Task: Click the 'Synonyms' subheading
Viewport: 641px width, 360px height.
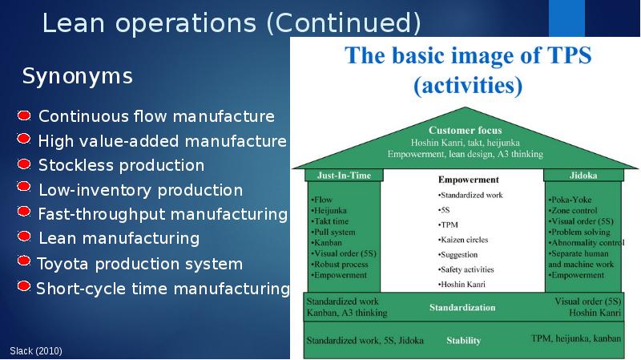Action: (77, 76)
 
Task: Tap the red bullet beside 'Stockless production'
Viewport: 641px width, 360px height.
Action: (24, 164)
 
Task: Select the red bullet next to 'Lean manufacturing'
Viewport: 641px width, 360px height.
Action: (24, 236)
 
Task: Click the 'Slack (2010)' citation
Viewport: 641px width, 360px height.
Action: (36, 351)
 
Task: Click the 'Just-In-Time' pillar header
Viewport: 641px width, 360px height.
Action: (344, 175)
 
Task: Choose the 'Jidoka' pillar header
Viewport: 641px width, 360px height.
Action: (583, 175)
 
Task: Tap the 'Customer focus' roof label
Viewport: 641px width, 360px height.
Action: (466, 130)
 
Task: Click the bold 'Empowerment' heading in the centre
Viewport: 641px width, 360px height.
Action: (469, 179)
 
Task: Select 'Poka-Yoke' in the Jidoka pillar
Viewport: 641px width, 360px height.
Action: (570, 200)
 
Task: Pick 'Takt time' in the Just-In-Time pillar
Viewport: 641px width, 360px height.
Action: (330, 221)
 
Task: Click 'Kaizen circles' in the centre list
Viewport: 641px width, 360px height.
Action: (463, 240)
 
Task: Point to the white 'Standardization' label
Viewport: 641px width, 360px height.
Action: (462, 307)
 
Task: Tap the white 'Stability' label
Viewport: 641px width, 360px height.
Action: (464, 341)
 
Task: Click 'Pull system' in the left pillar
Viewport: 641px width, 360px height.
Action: (333, 232)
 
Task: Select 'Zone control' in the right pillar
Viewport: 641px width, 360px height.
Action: (573, 210)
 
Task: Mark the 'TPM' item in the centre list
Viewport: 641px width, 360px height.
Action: (448, 224)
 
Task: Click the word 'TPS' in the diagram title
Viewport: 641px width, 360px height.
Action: (569, 55)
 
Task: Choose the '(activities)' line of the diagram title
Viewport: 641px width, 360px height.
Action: (468, 85)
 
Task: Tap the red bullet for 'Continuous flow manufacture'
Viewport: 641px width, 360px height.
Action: (24, 115)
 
